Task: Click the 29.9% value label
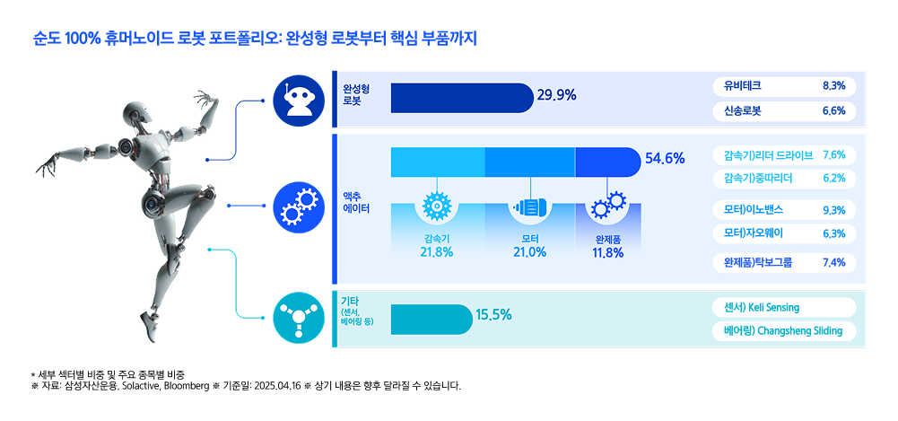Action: pyautogui.click(x=556, y=96)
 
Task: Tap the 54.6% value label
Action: pyautogui.click(x=665, y=158)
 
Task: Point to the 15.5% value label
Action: pyautogui.click(x=493, y=314)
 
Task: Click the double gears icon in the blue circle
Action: pyautogui.click(x=298, y=207)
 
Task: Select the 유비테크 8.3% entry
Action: pyautogui.click(x=784, y=86)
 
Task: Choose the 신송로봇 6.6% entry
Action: pyautogui.click(x=784, y=111)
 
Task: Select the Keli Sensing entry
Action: pyautogui.click(x=784, y=307)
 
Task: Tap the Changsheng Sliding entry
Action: pyautogui.click(x=784, y=331)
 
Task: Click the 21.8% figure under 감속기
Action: pyautogui.click(x=436, y=252)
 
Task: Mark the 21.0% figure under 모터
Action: pyautogui.click(x=529, y=252)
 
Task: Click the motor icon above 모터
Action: pyautogui.click(x=529, y=207)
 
